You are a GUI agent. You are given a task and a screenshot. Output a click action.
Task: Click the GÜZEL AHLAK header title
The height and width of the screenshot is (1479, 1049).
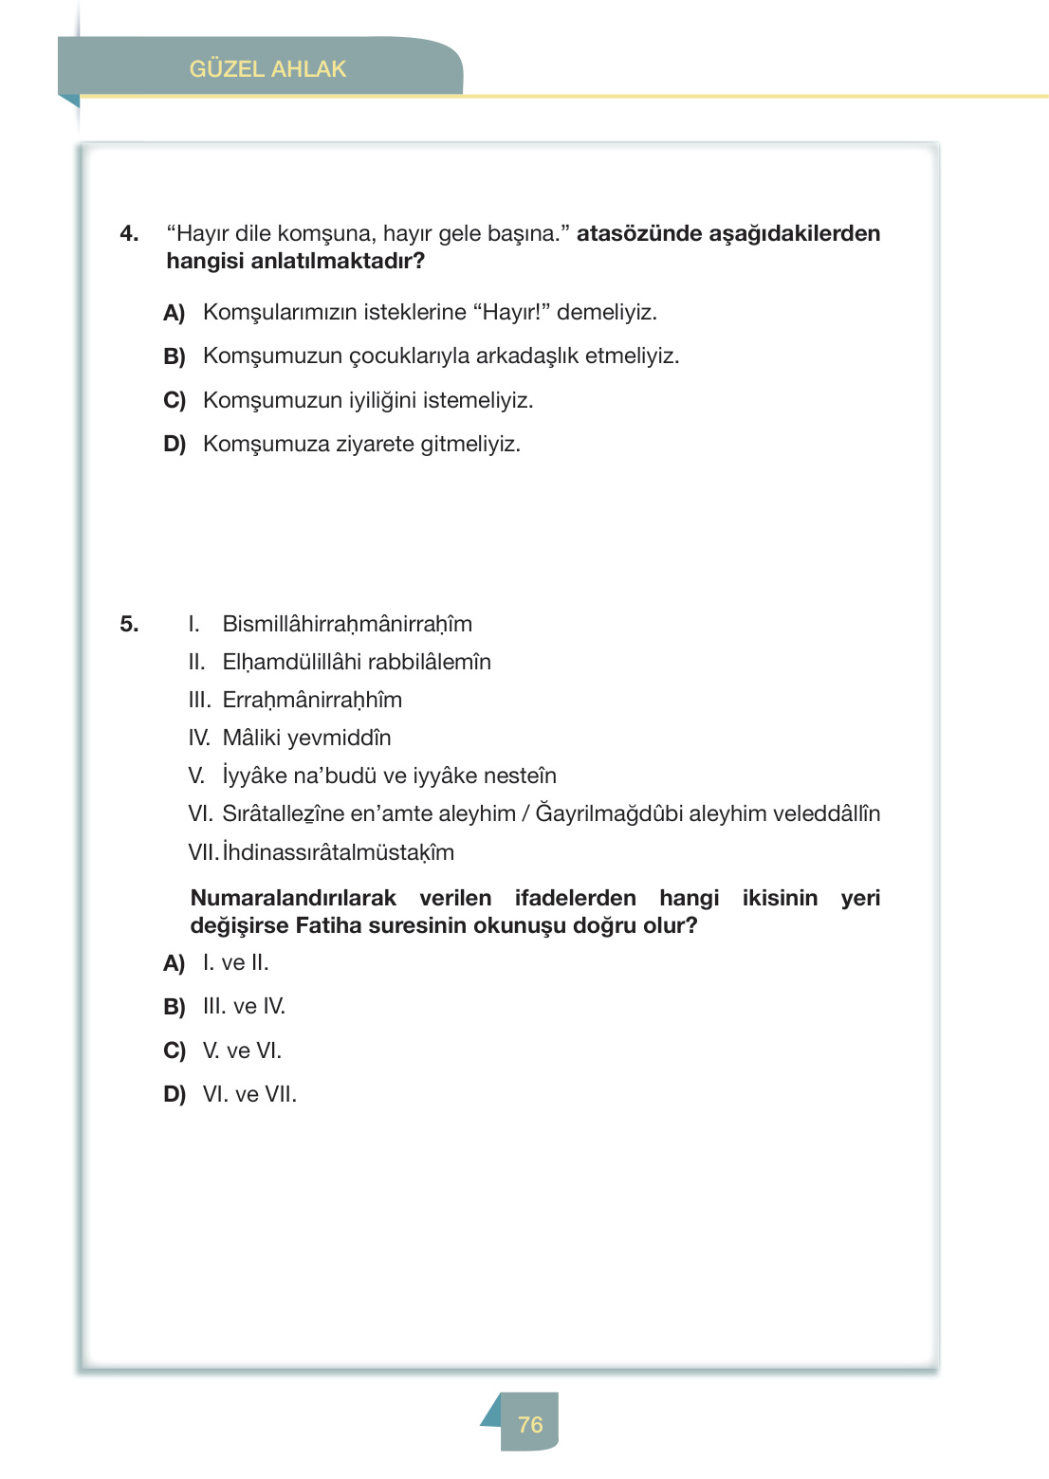pyautogui.click(x=267, y=69)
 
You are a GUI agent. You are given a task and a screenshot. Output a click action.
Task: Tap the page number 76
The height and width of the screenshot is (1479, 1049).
pyautogui.click(x=530, y=1424)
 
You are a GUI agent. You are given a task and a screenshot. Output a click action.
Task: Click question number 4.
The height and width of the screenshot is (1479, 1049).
pyautogui.click(x=129, y=233)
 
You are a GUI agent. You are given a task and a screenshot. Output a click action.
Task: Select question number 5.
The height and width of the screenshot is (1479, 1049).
pyautogui.click(x=129, y=624)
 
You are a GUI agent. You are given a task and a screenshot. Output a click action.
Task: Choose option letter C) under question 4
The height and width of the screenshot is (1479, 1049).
pyautogui.click(x=175, y=400)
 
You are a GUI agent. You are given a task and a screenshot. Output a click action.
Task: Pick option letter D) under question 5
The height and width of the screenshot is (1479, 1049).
pyautogui.click(x=175, y=1094)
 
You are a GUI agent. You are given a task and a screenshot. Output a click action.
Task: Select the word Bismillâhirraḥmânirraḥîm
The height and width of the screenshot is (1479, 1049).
pyautogui.click(x=347, y=624)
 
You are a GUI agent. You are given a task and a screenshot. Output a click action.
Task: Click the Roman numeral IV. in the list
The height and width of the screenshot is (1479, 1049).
pyautogui.click(x=199, y=738)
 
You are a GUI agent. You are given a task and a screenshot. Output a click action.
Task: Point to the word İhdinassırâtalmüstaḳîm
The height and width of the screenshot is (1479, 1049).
pyautogui.click(x=339, y=852)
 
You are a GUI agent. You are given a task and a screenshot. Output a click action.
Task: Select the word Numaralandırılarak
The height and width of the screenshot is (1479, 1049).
pyautogui.click(x=293, y=898)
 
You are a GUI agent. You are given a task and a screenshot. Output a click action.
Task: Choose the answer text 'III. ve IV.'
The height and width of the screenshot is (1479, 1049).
pyautogui.click(x=244, y=1006)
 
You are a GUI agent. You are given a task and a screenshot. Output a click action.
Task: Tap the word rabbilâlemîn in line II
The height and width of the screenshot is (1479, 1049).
pyautogui.click(x=430, y=662)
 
